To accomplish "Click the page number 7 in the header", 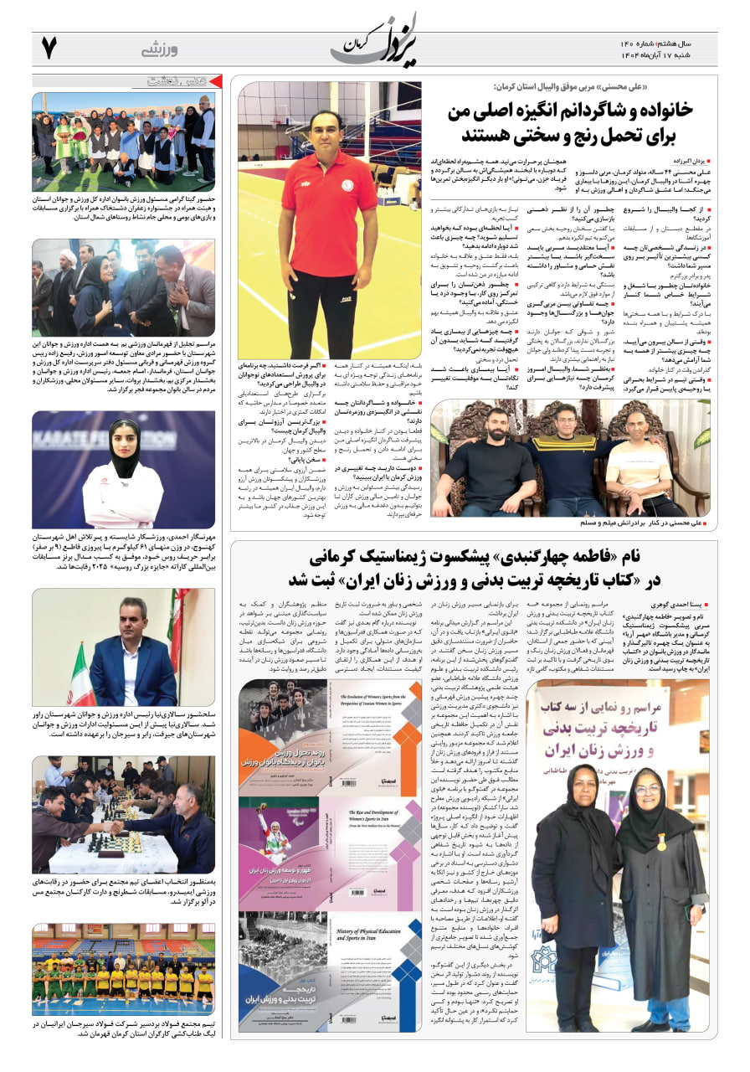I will [x=49, y=49].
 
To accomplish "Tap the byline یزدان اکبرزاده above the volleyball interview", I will [x=691, y=158].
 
